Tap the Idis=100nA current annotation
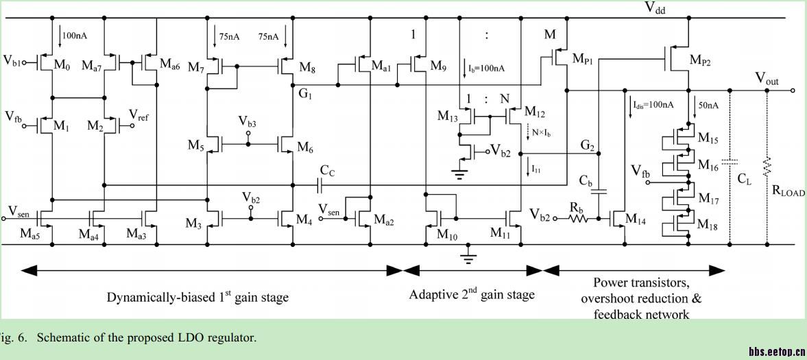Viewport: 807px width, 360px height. coord(649,105)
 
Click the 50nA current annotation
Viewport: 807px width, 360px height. coord(709,105)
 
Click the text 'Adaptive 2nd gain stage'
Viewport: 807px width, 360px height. coord(472,295)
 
